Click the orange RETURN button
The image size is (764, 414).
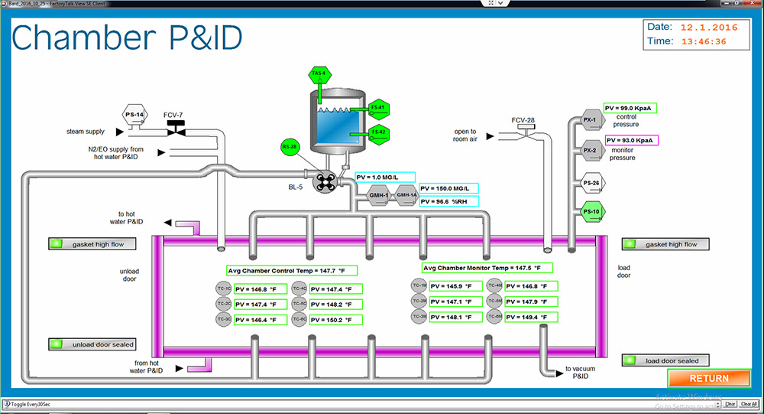tap(708, 378)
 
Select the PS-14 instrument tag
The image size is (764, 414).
tap(134, 115)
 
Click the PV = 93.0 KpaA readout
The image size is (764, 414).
tap(631, 140)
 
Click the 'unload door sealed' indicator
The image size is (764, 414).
tap(92, 344)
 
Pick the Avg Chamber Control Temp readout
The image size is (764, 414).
tap(291, 270)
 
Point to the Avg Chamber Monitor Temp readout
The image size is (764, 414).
tap(487, 268)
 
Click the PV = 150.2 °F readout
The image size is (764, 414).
tap(331, 318)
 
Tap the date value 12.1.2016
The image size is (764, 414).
tap(710, 27)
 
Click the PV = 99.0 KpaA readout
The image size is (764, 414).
tap(630, 108)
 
